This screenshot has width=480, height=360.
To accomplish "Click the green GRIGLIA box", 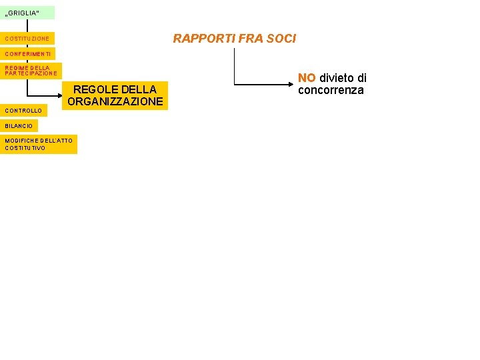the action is pos(27,13).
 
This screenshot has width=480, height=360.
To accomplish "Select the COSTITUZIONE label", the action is pos(27,39).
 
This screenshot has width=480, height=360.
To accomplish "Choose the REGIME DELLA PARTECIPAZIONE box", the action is pos(31,71).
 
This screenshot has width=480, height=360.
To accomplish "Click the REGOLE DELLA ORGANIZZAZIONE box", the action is pos(115,95).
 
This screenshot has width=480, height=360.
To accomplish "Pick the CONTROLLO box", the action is pos(23,110).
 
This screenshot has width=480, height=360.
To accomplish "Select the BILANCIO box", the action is pos(19,125).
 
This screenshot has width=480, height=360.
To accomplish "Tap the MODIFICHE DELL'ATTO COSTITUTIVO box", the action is pos(39,144).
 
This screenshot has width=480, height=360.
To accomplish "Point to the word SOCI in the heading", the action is pos(281,39).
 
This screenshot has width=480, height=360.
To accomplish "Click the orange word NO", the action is pos(307,78).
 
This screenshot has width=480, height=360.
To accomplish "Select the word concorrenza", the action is pos(331,90).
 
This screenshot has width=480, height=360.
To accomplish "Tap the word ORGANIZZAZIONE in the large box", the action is pos(115,102).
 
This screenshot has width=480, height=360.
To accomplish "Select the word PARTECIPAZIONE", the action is pos(31,73).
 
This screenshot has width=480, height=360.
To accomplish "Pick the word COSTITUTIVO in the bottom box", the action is pos(25,148).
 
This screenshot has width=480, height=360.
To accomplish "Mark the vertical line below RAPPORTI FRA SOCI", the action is pos(234,67).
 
